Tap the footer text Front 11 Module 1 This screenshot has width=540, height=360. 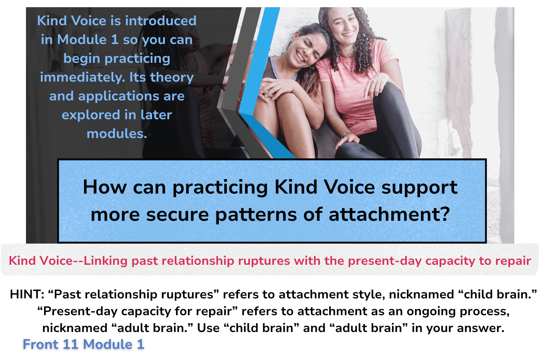(x=84, y=344)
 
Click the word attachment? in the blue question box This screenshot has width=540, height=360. (x=389, y=215)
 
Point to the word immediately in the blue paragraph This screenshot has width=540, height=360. (x=83, y=78)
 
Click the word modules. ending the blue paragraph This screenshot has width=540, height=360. (x=117, y=134)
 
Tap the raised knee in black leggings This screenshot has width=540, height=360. (x=390, y=94)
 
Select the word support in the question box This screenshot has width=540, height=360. (x=419, y=188)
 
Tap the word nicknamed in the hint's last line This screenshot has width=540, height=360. (x=75, y=328)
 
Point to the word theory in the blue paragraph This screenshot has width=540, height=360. (x=172, y=78)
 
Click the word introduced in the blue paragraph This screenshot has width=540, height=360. (x=161, y=21)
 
